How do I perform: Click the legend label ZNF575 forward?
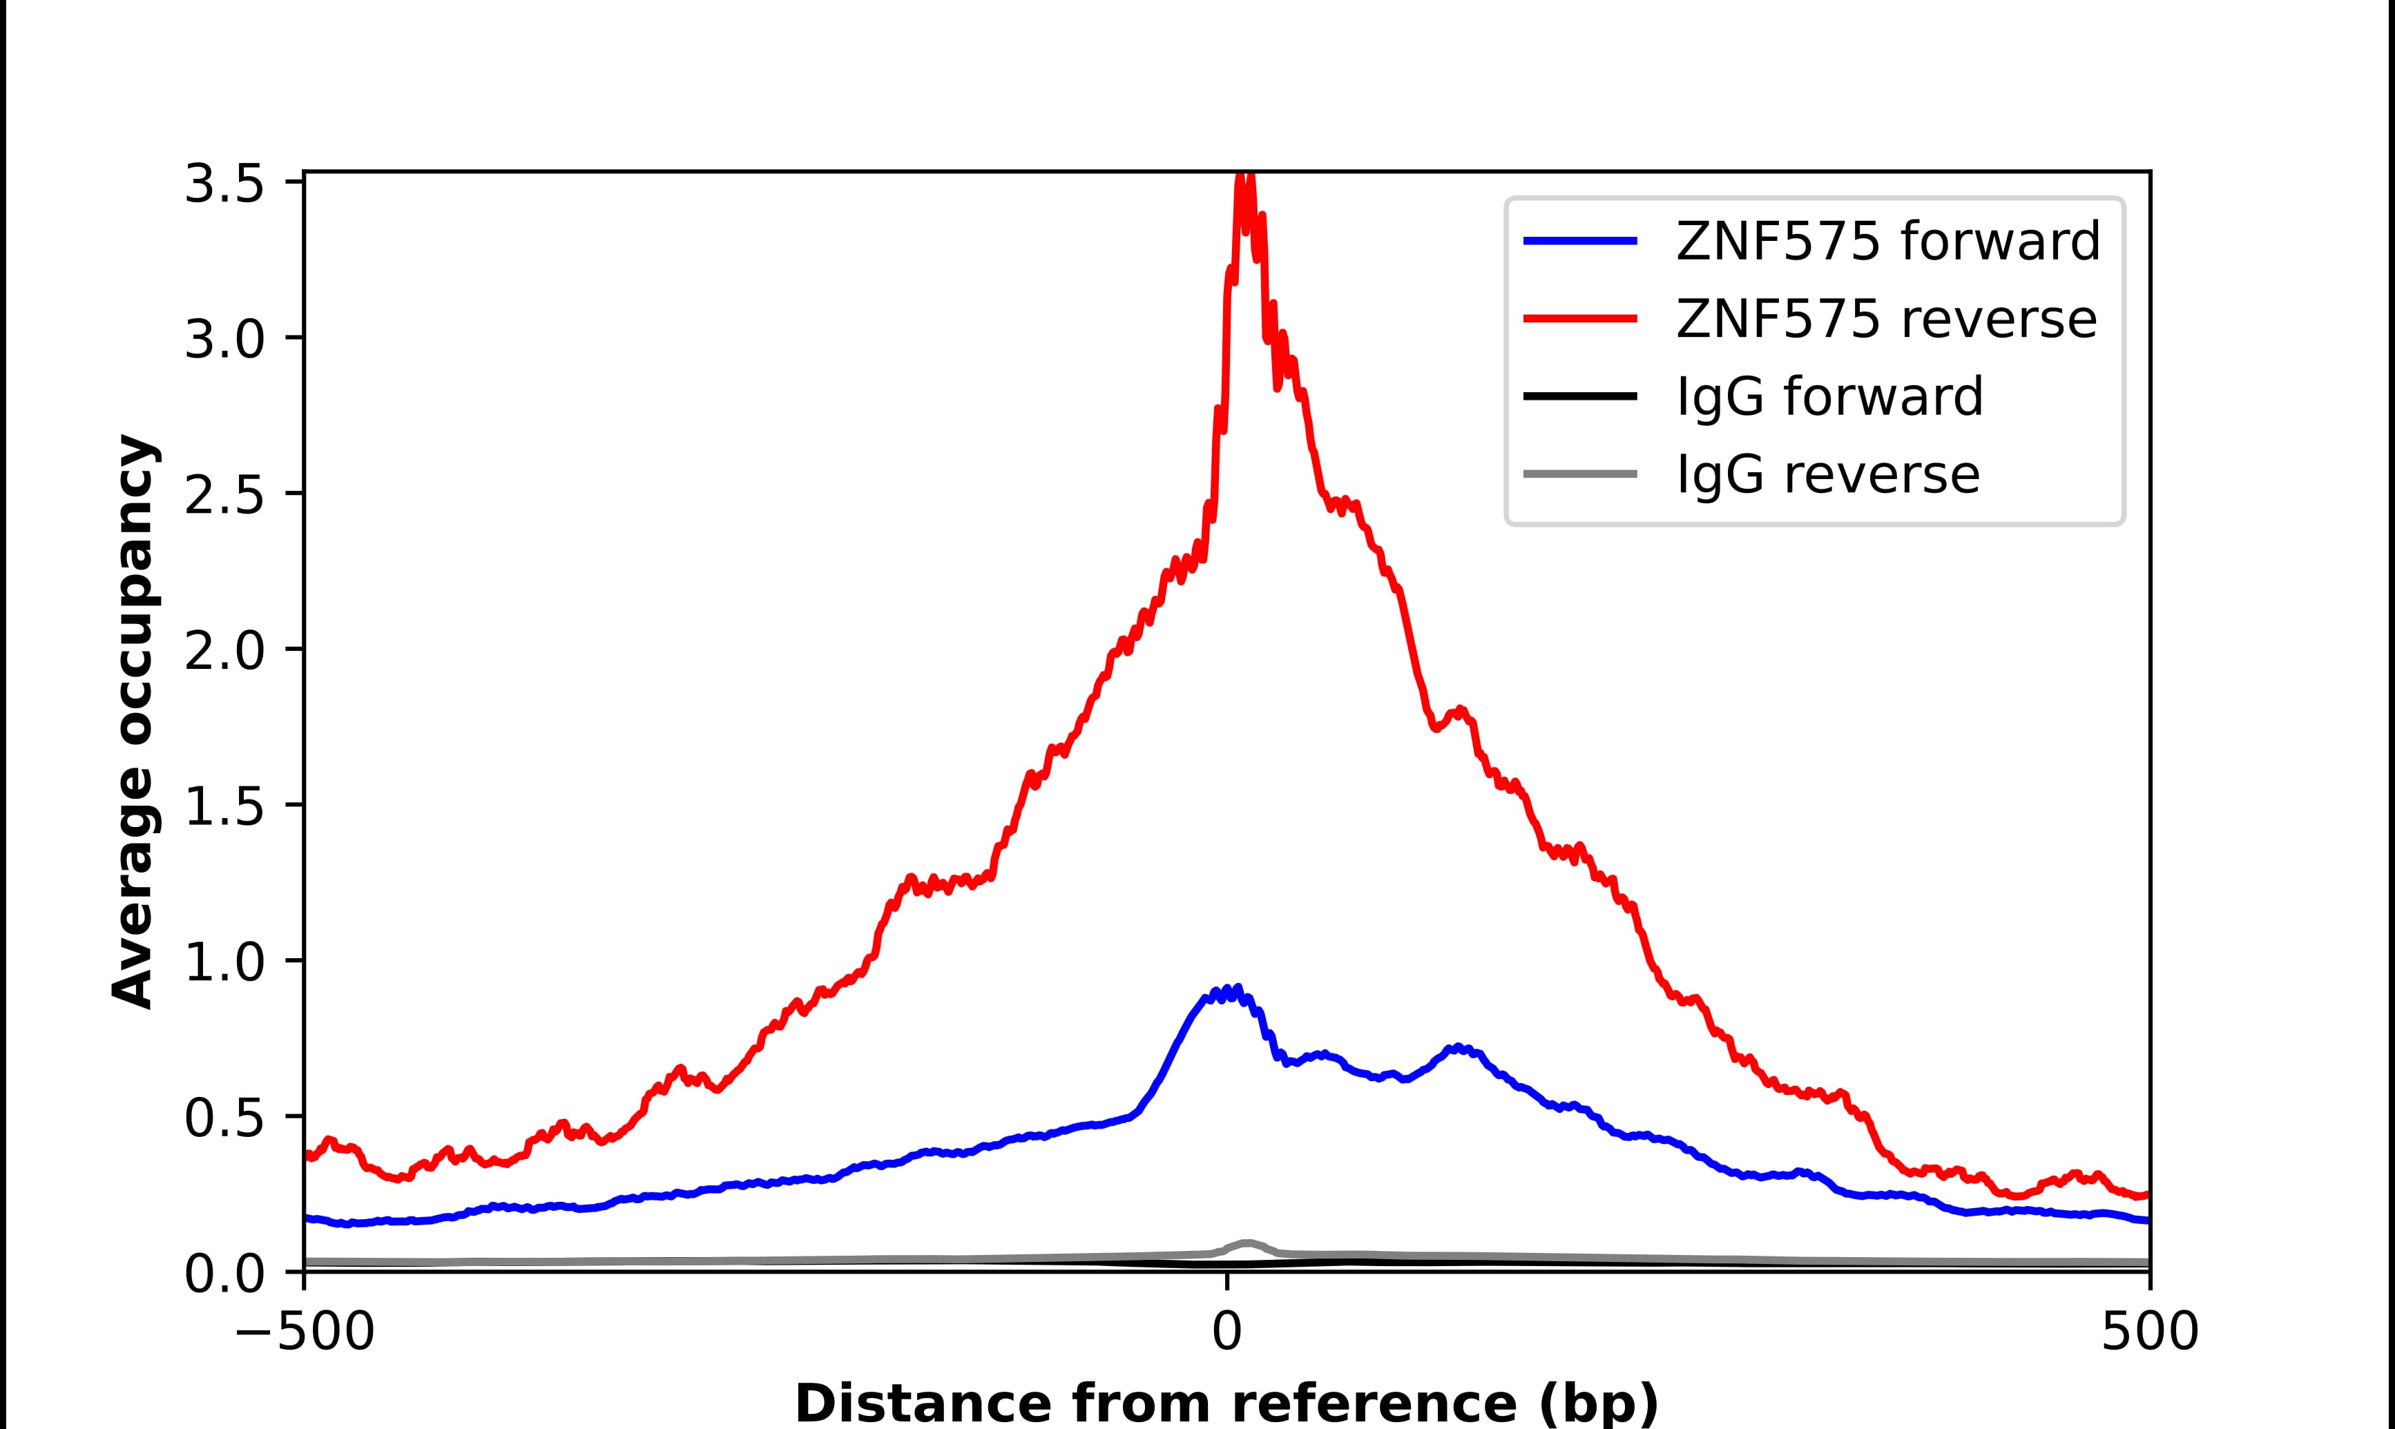[1887, 241]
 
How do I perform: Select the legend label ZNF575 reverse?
[1885, 319]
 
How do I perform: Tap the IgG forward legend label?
[1829, 397]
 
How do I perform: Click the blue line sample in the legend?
[1580, 241]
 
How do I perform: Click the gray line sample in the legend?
[1580, 474]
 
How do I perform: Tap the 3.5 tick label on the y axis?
[224, 183]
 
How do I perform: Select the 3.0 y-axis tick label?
[224, 339]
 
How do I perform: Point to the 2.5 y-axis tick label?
[224, 495]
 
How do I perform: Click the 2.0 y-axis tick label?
[224, 651]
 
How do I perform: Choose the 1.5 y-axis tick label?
[224, 807]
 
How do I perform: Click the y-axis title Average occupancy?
[133, 722]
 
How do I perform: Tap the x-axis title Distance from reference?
[1226, 1402]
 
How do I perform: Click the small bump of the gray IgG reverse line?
[1247, 1243]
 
